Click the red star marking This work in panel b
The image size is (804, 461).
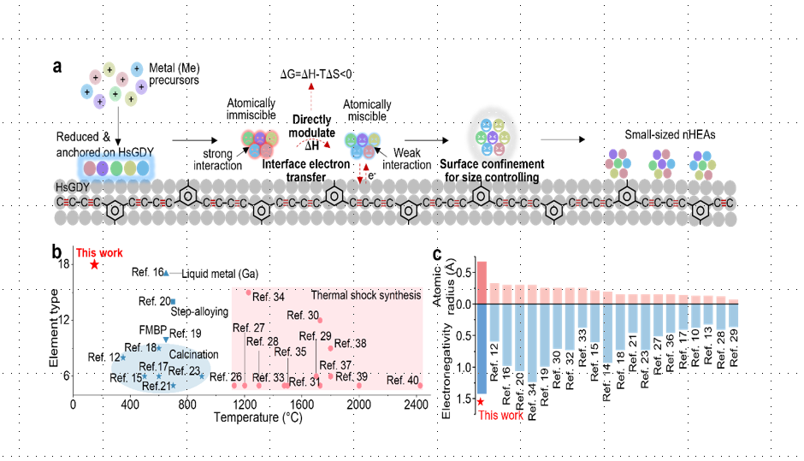(94, 264)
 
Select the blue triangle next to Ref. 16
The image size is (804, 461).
(166, 273)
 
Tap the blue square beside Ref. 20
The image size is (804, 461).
(173, 301)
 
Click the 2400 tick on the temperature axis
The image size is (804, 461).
(416, 405)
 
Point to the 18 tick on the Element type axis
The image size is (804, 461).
(63, 264)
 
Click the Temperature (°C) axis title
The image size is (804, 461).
(258, 417)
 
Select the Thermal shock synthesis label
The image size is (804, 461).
(365, 295)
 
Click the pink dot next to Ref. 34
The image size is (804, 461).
(249, 293)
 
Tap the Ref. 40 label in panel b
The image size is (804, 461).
(403, 380)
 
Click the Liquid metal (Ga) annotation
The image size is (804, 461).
(220, 274)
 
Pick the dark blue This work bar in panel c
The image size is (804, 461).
(482, 349)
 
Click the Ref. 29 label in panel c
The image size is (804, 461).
(734, 348)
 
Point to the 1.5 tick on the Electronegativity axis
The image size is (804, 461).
(464, 399)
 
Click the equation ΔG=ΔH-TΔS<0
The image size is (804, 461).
(316, 74)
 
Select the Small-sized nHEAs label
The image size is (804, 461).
(670, 135)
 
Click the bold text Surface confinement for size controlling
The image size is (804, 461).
(492, 171)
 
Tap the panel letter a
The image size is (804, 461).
(57, 67)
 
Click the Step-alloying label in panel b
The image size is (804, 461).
(199, 311)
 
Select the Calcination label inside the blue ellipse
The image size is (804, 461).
(194, 354)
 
